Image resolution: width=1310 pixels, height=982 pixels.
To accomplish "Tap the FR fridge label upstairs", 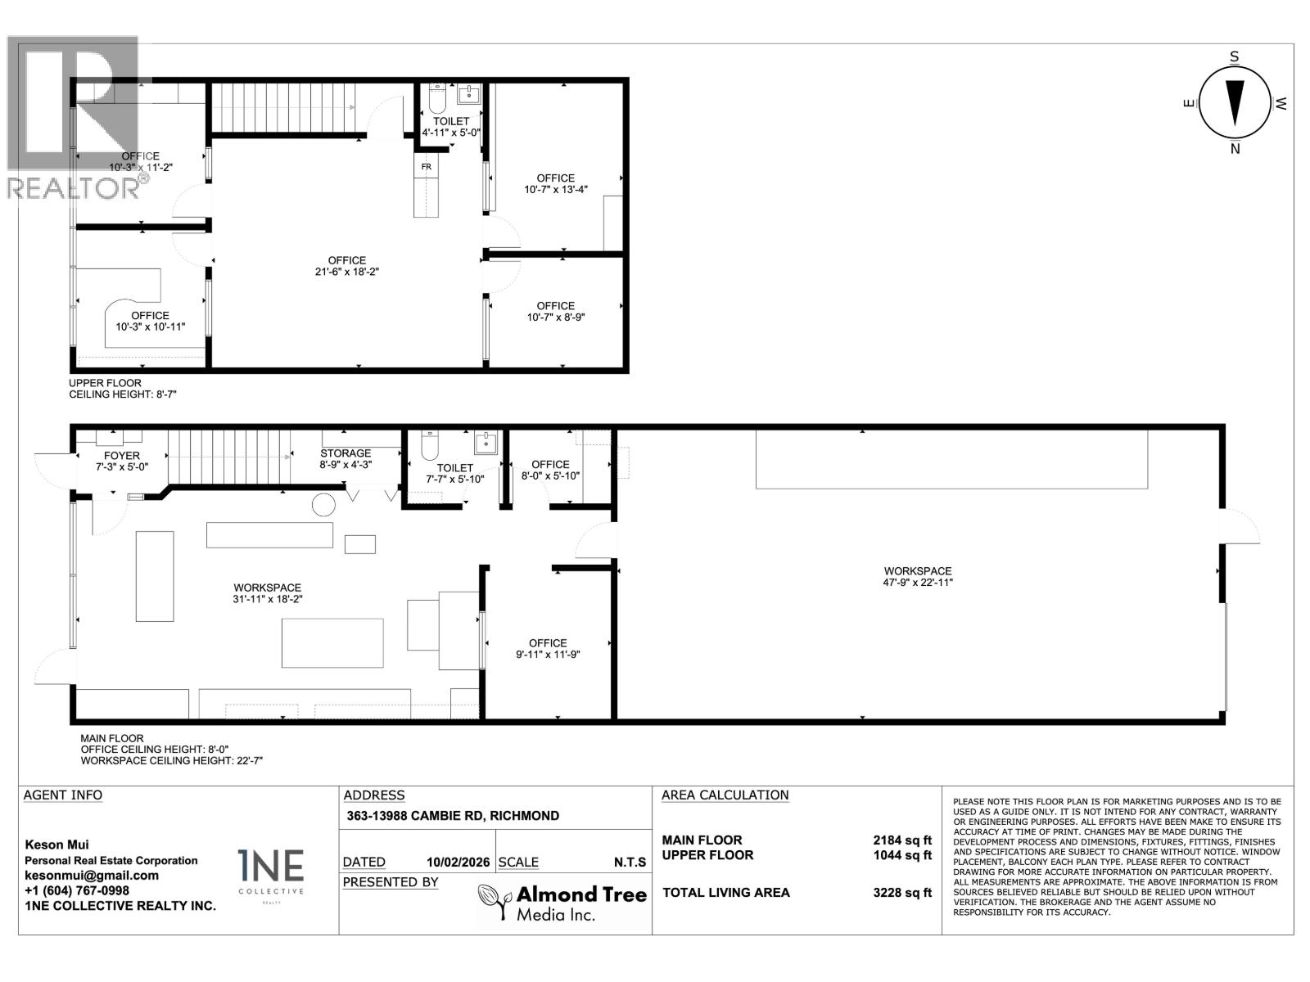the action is [x=426, y=167].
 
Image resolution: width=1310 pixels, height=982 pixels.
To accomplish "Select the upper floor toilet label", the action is [x=451, y=122].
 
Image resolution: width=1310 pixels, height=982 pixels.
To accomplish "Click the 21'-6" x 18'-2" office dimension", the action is [x=347, y=272].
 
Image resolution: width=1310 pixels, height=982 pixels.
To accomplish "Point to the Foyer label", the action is [x=122, y=456].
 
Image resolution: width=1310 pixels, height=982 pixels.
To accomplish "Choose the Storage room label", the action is [x=346, y=453].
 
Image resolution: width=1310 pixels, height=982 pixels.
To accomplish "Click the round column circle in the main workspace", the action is [x=323, y=504].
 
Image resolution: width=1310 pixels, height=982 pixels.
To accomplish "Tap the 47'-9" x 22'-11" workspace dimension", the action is [x=918, y=582].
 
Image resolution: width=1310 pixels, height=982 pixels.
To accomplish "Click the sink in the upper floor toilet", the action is [x=469, y=94].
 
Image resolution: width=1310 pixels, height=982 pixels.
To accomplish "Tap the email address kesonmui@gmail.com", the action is [x=92, y=876].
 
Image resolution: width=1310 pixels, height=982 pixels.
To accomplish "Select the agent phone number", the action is [x=77, y=891].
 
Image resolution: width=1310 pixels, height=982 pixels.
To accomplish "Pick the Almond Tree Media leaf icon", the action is [x=495, y=900].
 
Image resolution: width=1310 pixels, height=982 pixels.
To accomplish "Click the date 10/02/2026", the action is [x=458, y=863].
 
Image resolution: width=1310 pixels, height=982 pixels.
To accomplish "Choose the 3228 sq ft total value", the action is [x=901, y=893].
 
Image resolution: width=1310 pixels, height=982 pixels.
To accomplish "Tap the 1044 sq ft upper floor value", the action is [x=901, y=855].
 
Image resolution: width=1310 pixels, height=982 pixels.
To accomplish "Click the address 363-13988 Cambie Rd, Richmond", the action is [x=453, y=816].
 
